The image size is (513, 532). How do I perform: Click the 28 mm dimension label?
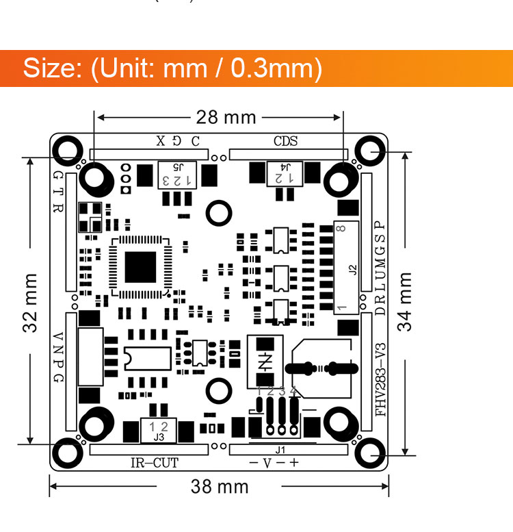click(226, 117)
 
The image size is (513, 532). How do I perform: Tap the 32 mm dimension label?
click(30, 303)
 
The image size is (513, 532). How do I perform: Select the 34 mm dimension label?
click(406, 301)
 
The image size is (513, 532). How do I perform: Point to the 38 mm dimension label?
click(219, 487)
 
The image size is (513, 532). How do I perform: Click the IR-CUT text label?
click(154, 463)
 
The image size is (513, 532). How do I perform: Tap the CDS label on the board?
click(286, 142)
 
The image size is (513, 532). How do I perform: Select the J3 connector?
click(159, 430)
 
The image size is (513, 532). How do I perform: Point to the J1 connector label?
click(280, 450)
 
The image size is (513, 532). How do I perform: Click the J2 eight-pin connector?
click(345, 267)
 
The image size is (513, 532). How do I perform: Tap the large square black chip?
click(141, 267)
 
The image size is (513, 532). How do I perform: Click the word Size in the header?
click(49, 68)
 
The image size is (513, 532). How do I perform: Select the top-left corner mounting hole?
click(68, 149)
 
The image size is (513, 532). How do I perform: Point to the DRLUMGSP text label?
click(381, 268)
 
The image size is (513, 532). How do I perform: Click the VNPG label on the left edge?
click(58, 359)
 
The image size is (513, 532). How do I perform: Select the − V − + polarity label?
click(273, 463)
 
